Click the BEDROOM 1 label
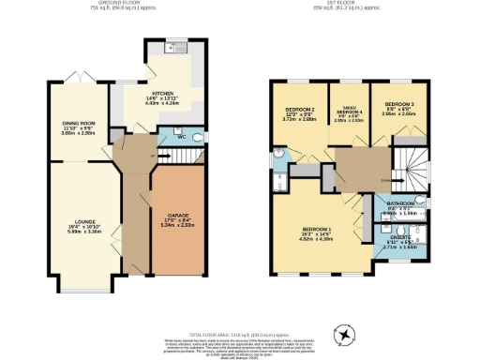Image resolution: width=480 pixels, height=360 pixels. click(x=315, y=229)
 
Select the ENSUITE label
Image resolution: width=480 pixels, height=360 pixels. click(x=399, y=239)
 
